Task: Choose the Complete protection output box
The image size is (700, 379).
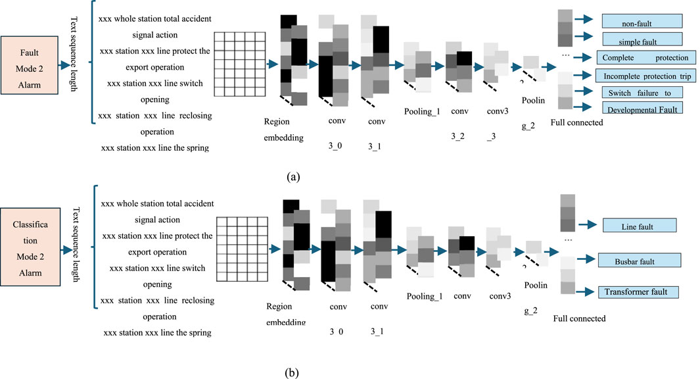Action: point(646,57)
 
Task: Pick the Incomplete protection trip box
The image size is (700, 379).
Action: point(646,76)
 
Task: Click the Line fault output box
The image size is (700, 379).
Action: point(639,226)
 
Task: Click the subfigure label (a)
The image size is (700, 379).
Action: point(292,176)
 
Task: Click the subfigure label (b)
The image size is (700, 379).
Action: point(292,373)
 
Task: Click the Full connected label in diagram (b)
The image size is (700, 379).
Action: point(579,318)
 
